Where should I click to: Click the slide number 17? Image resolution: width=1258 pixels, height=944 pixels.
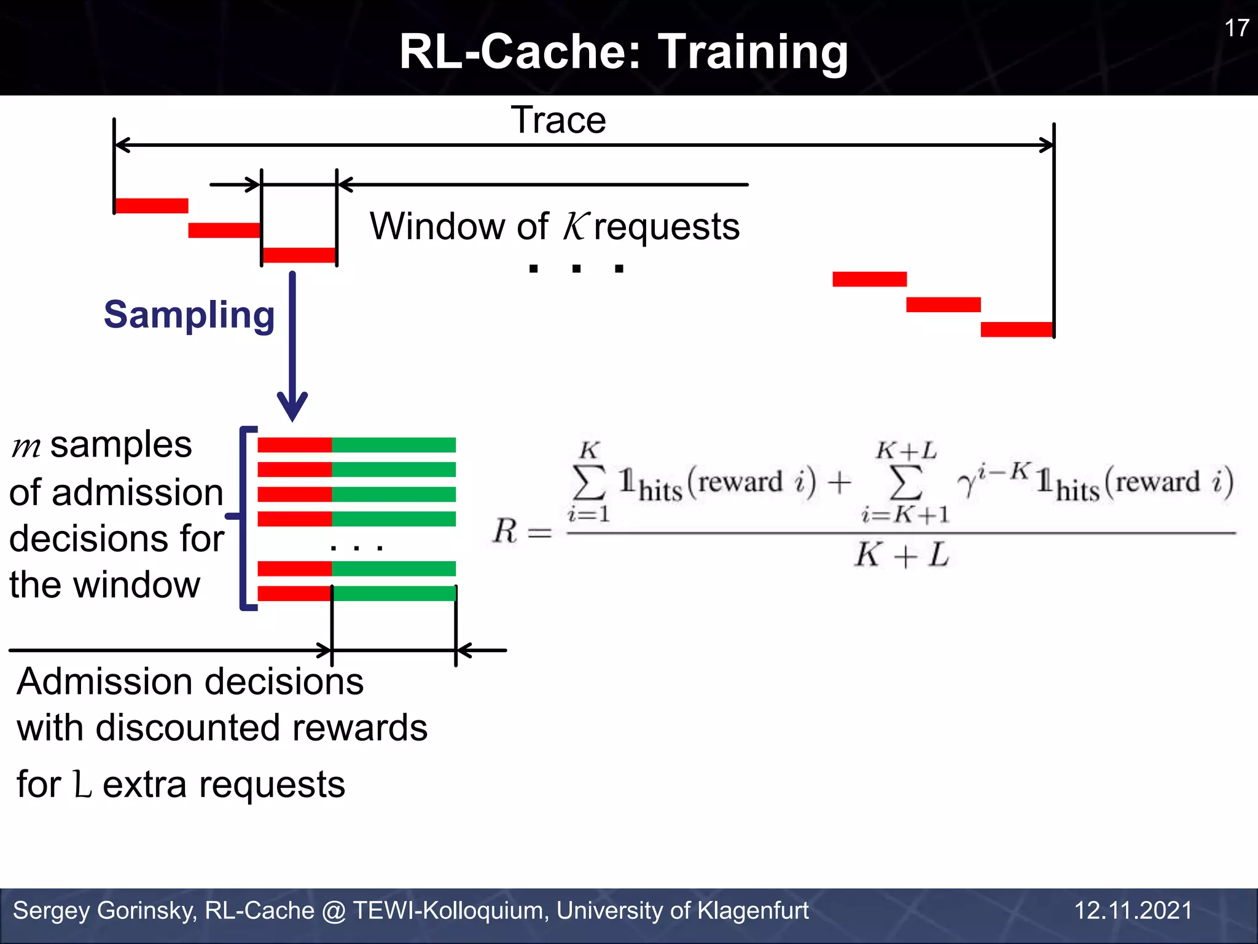(x=1236, y=28)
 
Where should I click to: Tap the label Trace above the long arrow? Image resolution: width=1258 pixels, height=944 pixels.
(x=558, y=120)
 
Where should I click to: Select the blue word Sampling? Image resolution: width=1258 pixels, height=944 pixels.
(x=189, y=315)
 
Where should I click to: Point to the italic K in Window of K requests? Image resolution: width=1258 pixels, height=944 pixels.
(x=576, y=226)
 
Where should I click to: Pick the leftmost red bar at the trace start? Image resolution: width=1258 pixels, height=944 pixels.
(x=151, y=206)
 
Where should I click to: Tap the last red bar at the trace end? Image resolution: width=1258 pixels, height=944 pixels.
(x=1017, y=329)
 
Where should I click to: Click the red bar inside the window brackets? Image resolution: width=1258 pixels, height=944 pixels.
(x=299, y=255)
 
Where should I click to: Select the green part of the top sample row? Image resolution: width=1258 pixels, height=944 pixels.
(x=394, y=445)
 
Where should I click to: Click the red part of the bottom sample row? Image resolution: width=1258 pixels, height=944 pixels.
(x=294, y=594)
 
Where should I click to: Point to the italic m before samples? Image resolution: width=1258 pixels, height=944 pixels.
(x=26, y=447)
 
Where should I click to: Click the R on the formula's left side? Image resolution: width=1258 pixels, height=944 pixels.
(x=505, y=531)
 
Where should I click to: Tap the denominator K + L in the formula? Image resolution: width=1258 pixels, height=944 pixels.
(x=902, y=556)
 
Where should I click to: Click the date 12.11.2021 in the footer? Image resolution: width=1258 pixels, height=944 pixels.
(x=1133, y=910)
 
